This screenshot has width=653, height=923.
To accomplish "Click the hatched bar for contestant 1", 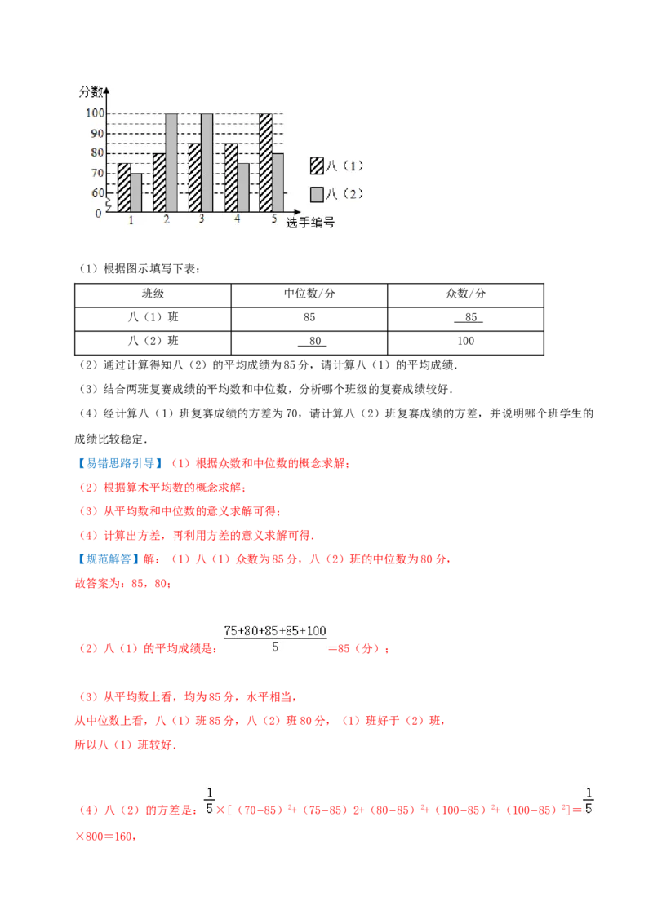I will (123, 188).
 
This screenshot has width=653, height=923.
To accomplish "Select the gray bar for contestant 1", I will (135, 192).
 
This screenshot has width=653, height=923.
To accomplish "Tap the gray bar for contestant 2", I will (171, 163).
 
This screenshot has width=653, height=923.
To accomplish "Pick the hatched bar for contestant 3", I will (194, 178).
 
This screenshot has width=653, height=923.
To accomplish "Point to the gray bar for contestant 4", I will (242, 188).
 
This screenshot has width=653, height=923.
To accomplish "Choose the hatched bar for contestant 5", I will (265, 163).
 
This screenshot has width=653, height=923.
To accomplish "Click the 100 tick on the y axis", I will (94, 113).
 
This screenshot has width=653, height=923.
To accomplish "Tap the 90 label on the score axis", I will (97, 133).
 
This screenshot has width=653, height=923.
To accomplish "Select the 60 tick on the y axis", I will (97, 193).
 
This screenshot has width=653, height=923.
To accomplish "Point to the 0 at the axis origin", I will (99, 214).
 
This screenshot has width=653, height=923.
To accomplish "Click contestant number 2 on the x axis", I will (166, 221).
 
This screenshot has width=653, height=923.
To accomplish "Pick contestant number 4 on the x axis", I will (237, 221).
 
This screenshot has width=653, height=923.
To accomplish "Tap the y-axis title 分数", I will (91, 92).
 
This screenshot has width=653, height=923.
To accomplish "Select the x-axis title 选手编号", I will (310, 223).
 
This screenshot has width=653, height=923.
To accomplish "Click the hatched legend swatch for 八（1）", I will (317, 166).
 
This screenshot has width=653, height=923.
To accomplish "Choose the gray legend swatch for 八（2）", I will (317, 194).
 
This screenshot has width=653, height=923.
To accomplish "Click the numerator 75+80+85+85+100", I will (275, 630).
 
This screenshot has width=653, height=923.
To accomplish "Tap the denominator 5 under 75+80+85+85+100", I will (275, 647).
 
